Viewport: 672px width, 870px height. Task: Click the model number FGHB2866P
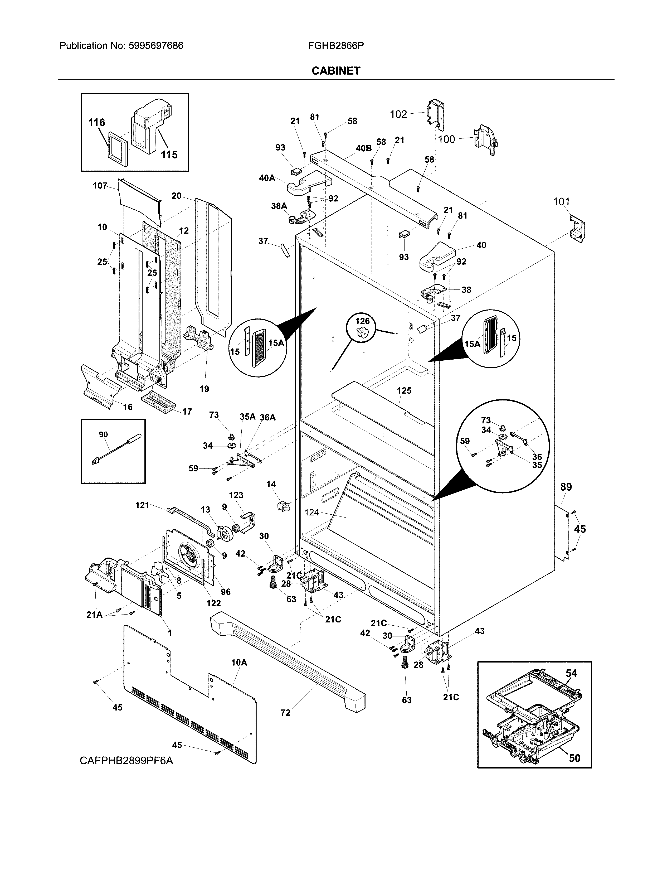click(x=335, y=46)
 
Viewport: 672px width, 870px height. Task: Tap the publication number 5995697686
click(x=156, y=46)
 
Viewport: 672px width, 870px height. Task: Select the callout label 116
click(x=97, y=123)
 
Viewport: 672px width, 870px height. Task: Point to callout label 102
click(x=398, y=115)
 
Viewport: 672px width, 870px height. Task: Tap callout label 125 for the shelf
click(x=404, y=391)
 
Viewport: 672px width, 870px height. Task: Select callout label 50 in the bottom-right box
click(x=574, y=758)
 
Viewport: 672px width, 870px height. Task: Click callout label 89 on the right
click(x=566, y=487)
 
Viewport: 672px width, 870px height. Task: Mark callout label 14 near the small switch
click(x=271, y=484)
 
